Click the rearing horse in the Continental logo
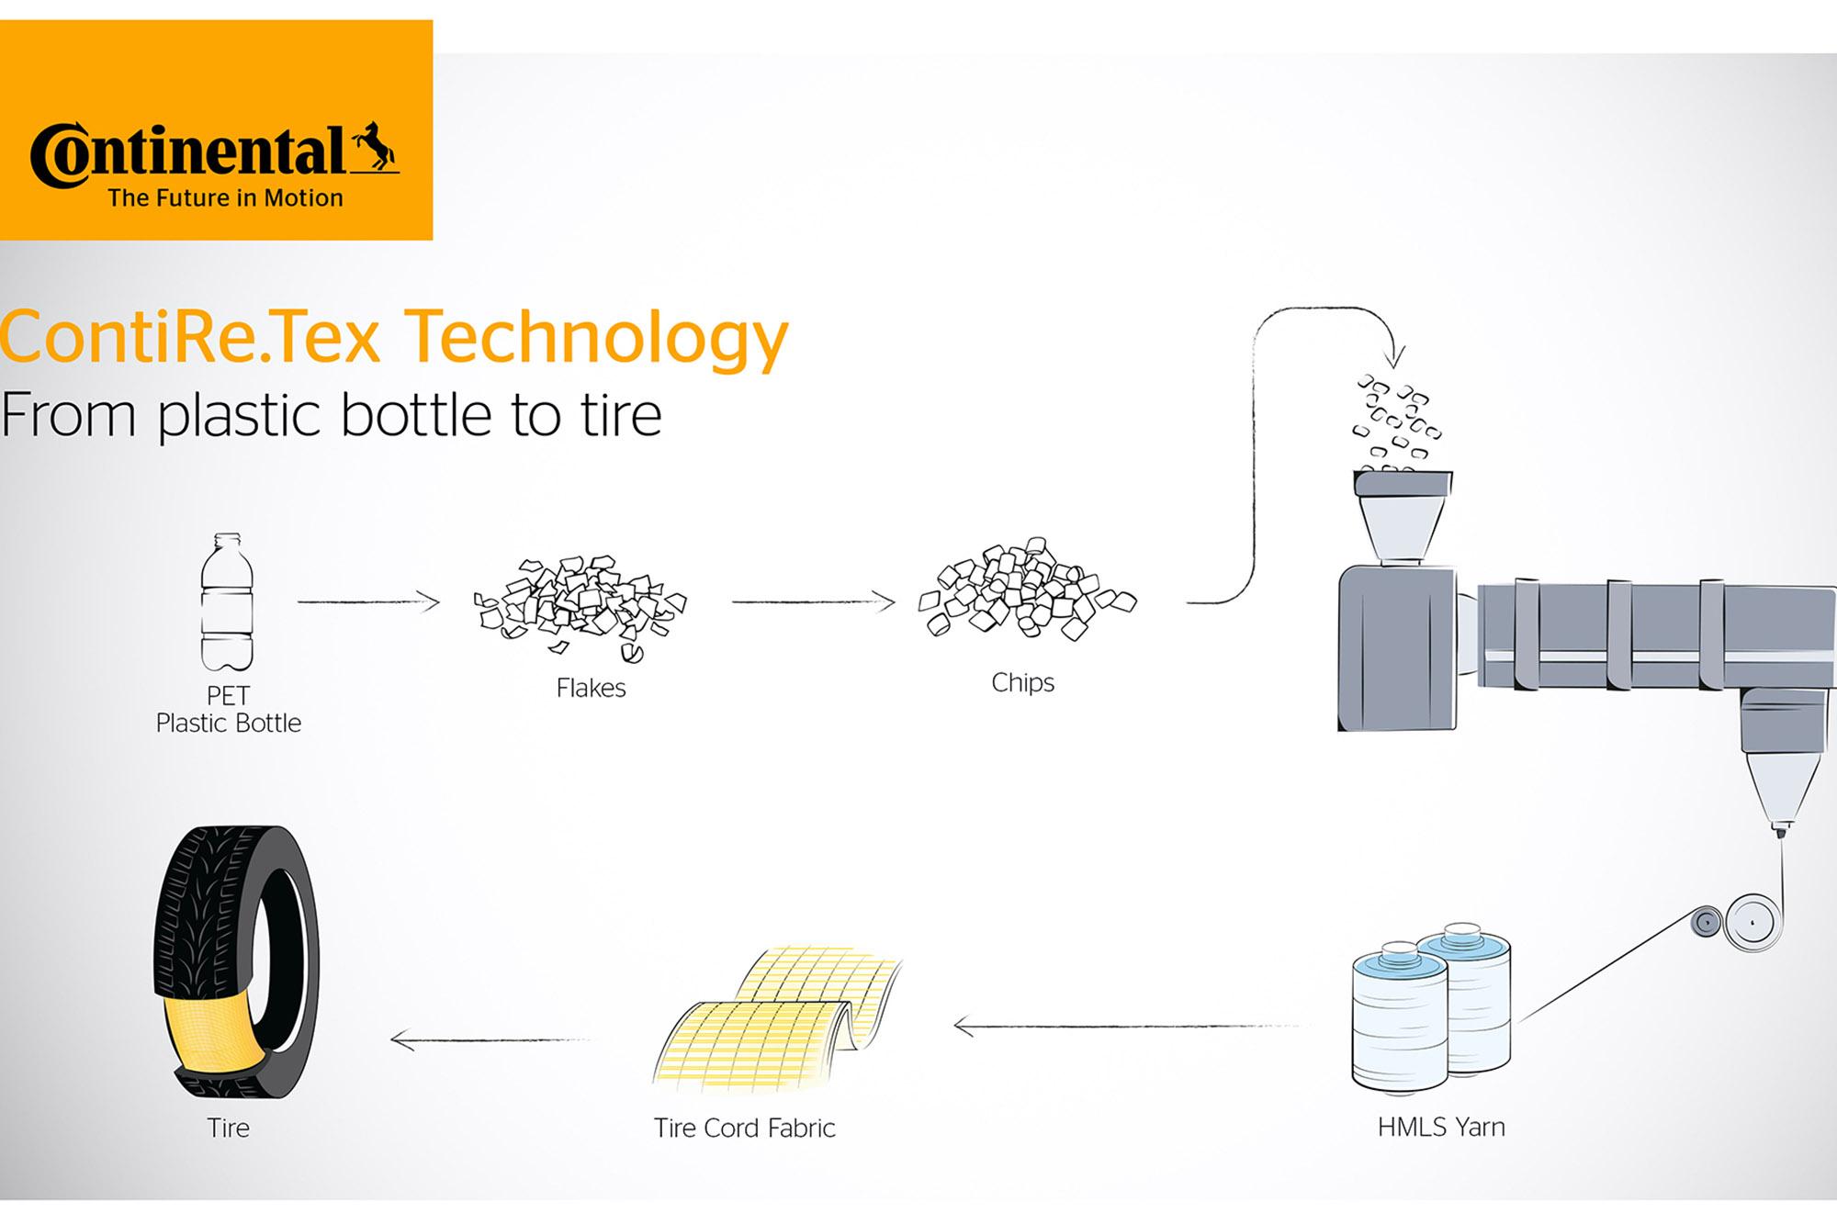coord(375,146)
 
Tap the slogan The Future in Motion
coord(226,197)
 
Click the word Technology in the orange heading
coord(596,339)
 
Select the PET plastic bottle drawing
coord(227,602)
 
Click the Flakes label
coord(591,688)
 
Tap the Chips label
coord(1022,682)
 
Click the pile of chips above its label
coord(1027,589)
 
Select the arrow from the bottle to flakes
coord(368,602)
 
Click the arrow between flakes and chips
coord(813,602)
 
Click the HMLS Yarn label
coord(1441,1127)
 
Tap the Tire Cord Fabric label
coord(745,1128)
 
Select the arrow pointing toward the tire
coord(490,1040)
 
